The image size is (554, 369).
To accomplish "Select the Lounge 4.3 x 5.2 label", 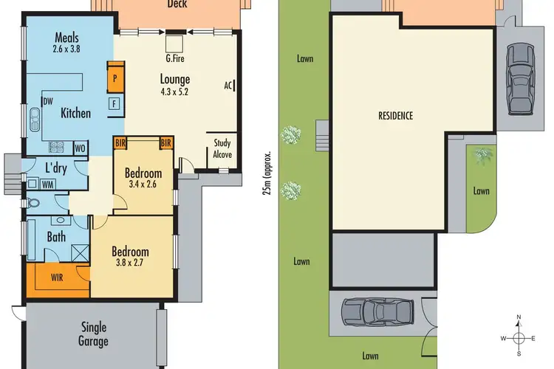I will point(175,85).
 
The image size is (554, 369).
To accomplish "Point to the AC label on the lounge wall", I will point(229,85).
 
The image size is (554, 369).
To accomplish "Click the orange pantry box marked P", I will point(115,77).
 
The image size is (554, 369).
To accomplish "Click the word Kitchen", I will point(75,113).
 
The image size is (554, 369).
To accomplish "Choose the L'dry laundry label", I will point(58,167).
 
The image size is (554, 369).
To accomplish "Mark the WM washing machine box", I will point(47,184).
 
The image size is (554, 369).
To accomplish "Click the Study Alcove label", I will point(222,148).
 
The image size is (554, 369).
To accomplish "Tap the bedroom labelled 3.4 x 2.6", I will point(143,179).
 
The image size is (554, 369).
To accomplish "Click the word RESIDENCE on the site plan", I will point(395,116).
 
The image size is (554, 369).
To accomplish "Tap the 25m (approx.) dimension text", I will point(268,173).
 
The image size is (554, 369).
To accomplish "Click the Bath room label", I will point(56,237).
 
